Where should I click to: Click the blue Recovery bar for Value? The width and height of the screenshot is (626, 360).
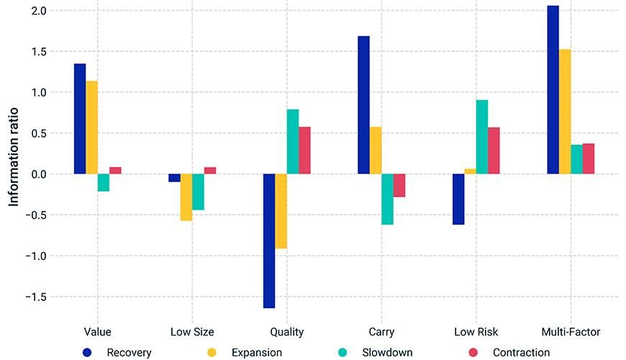[79, 119]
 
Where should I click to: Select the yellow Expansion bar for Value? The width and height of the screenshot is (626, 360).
[91, 127]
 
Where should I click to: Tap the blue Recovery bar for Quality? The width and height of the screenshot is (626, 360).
[269, 241]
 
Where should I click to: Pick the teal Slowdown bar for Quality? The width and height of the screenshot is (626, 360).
[293, 142]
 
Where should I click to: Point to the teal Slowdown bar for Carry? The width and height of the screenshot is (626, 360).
[387, 199]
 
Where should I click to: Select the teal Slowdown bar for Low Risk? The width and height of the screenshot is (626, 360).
[482, 137]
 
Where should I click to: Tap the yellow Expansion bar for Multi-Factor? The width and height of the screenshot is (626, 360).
[565, 112]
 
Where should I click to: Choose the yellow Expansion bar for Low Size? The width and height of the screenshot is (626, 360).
[186, 197]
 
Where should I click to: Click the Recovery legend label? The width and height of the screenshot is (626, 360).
[129, 353]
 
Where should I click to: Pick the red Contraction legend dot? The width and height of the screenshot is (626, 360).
[473, 353]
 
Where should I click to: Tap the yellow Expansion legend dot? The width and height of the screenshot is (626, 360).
[212, 353]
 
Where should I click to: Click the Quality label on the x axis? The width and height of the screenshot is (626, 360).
[286, 332]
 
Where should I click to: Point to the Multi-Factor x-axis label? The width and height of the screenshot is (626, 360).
[571, 332]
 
